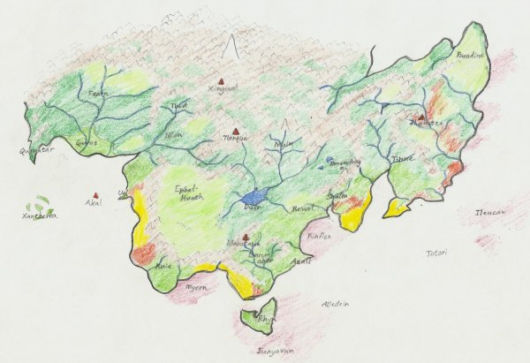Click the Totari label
[x=436, y=252]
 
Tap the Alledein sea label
[x=335, y=303]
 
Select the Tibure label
[x=403, y=159]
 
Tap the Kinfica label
[x=317, y=236]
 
